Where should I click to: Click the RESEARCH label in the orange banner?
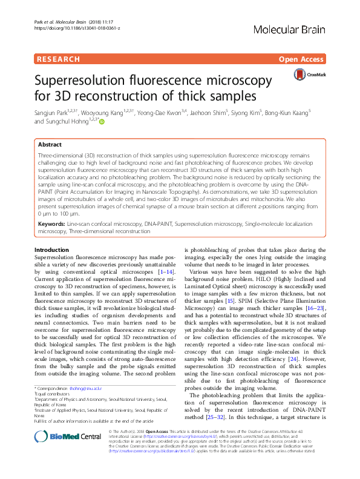click(x=59, y=59)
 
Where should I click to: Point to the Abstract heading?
click(x=50, y=145)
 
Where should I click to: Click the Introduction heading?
click(x=51, y=249)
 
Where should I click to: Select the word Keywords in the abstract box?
click(x=51, y=224)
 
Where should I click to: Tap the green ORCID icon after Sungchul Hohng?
click(x=101, y=122)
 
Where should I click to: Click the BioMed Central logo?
click(x=67, y=453)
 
